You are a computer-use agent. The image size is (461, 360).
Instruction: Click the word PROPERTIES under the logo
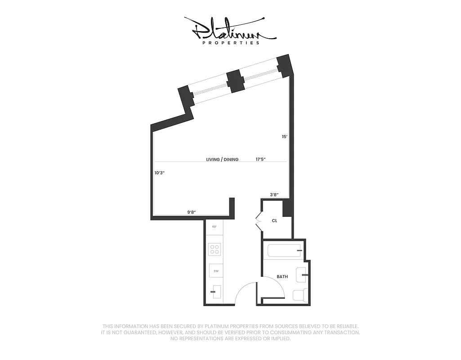pyautogui.click(x=231, y=43)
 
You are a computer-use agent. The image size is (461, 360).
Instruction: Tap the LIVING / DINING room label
pyautogui.click(x=222, y=159)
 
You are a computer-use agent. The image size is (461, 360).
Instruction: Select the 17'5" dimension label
pyautogui.click(x=261, y=159)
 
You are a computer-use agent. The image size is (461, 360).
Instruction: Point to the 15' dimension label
pyautogui.click(x=284, y=136)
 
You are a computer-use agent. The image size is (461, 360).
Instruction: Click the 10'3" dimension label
pyautogui.click(x=159, y=173)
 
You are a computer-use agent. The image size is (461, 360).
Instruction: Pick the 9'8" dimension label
pyautogui.click(x=192, y=211)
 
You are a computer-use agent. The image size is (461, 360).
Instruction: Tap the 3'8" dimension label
pyautogui.click(x=274, y=195)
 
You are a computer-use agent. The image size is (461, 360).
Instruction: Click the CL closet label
pyautogui.click(x=274, y=221)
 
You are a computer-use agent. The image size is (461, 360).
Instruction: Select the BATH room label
pyautogui.click(x=282, y=277)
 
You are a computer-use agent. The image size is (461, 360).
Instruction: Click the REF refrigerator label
pyautogui.click(x=215, y=227)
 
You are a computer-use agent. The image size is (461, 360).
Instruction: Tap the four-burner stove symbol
pyautogui.click(x=215, y=249)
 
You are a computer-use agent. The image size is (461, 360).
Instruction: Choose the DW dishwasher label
pyautogui.click(x=216, y=271)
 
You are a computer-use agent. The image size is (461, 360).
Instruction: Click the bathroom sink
pyautogui.click(x=301, y=274)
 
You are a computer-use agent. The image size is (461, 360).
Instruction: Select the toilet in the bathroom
pyautogui.click(x=300, y=295)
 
